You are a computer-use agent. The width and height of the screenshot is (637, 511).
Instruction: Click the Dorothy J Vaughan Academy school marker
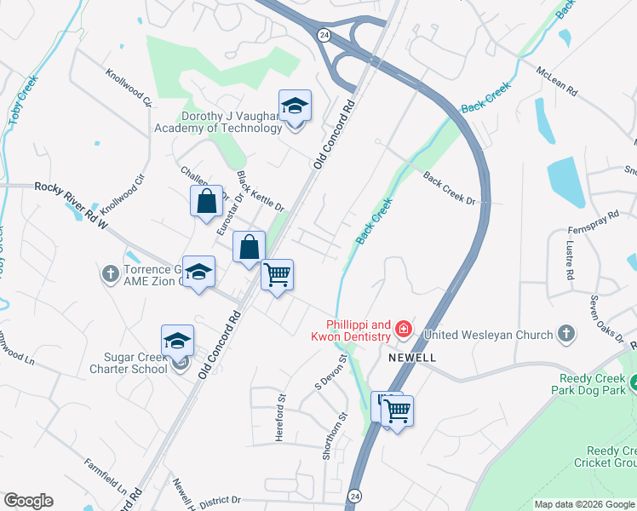(295, 106)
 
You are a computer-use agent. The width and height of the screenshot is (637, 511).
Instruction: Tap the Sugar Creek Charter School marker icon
(177, 342)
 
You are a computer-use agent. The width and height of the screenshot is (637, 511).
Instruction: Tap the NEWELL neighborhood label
(412, 358)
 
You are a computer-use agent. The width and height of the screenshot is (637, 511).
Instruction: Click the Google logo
(28, 501)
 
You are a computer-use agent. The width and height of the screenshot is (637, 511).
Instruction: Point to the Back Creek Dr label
(448, 187)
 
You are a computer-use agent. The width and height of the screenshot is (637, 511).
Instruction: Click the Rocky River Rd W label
(72, 205)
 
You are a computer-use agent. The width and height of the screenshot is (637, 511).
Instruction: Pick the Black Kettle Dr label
(261, 192)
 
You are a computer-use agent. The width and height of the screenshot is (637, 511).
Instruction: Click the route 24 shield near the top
(324, 35)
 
